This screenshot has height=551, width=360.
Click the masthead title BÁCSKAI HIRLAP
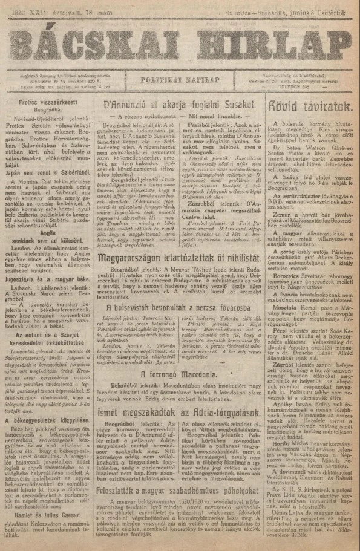coord(180,43)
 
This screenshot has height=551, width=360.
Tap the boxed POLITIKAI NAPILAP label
coord(180,79)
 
